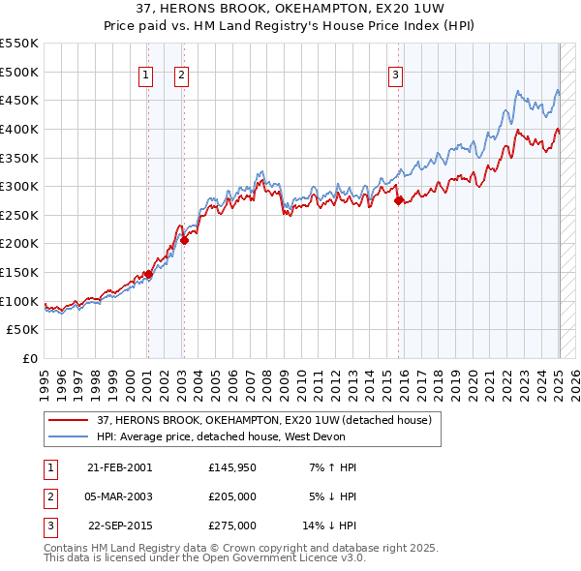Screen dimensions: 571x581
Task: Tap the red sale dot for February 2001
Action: coord(149,274)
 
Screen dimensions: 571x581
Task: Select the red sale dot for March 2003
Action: coord(184,240)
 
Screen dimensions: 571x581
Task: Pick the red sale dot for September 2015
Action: coord(399,200)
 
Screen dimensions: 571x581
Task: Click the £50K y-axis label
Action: coord(22,330)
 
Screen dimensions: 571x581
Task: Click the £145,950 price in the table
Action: coord(231,467)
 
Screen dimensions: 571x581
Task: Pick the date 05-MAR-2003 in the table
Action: coord(120,496)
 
